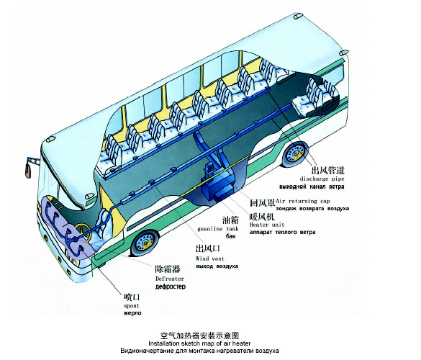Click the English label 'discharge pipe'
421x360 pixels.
click(x=322, y=179)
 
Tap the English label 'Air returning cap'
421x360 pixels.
click(x=302, y=201)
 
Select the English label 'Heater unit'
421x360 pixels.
click(x=266, y=225)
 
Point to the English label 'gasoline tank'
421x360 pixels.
click(x=218, y=229)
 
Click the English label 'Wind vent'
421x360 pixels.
click(x=209, y=258)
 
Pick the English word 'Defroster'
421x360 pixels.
click(x=170, y=279)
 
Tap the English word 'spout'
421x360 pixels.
click(x=132, y=306)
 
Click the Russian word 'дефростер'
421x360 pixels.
click(x=171, y=287)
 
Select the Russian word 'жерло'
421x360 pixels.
click(x=132, y=313)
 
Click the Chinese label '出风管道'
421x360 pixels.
click(x=327, y=170)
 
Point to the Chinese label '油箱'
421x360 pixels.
click(x=230, y=220)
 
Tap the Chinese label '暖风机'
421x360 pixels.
click(x=262, y=216)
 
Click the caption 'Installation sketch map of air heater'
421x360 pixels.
click(x=199, y=343)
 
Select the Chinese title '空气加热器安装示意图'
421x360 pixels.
click(x=199, y=336)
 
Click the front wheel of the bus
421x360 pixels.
click(x=145, y=243)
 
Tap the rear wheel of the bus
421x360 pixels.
click(x=295, y=153)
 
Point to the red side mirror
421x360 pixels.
click(x=28, y=170)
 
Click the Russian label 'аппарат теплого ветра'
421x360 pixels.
click(x=282, y=232)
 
